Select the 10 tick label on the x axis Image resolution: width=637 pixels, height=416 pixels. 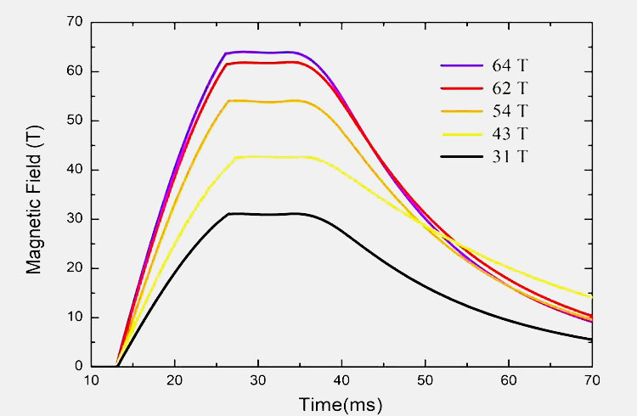click(92, 381)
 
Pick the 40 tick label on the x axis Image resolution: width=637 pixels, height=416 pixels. click(341, 381)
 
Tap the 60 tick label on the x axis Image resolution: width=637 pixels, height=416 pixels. click(508, 381)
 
